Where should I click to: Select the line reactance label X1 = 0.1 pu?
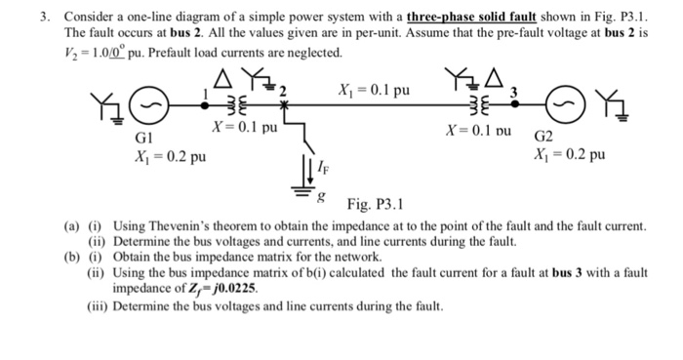(x=373, y=91)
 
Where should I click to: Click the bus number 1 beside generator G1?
(x=204, y=91)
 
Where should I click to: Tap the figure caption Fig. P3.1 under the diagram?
(x=382, y=205)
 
